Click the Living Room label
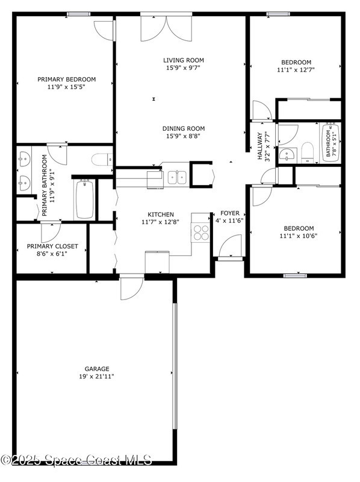(x=184, y=60)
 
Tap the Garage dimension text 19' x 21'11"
(x=96, y=377)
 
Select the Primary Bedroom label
(x=67, y=80)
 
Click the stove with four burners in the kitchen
(x=200, y=233)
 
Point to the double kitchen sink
(x=178, y=177)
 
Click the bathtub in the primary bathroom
(x=84, y=199)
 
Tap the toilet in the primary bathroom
(x=102, y=159)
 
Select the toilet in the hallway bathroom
(x=307, y=152)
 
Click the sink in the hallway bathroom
(x=288, y=155)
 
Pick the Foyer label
(x=230, y=213)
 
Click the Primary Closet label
(x=52, y=246)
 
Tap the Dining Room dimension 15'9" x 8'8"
(x=184, y=136)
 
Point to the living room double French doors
(x=167, y=28)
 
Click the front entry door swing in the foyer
(x=231, y=246)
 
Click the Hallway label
(x=261, y=146)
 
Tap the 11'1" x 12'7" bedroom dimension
(x=296, y=70)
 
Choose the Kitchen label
(x=161, y=214)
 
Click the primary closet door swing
(x=51, y=232)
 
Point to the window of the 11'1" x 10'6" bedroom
(x=295, y=276)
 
